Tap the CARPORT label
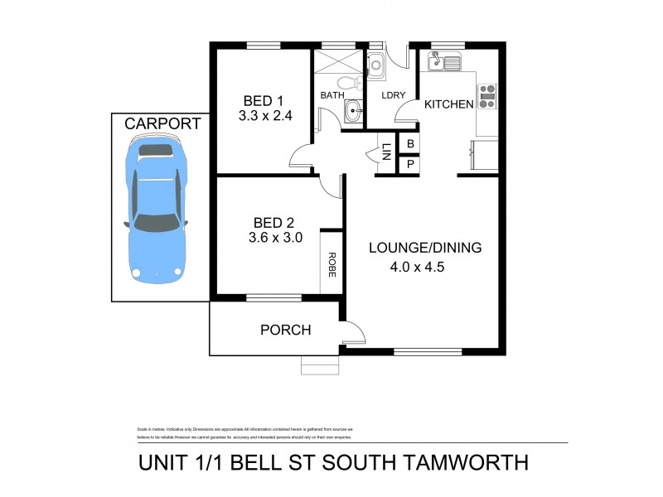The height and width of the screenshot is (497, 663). coord(162,123)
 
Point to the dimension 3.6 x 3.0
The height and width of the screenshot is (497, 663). coord(275,237)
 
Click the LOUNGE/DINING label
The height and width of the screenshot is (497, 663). coord(425,247)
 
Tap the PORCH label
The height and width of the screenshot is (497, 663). coord(285,330)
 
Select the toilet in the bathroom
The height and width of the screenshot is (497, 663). coord(354,83)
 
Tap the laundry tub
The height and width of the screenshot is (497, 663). coord(375,63)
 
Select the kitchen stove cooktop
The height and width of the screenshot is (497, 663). coord(487,98)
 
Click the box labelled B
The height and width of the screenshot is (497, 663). coord(408,142)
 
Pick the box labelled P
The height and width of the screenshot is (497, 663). coord(408,164)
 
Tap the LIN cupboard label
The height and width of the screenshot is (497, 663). coord(386,152)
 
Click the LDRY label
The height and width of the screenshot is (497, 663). coord(393,95)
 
